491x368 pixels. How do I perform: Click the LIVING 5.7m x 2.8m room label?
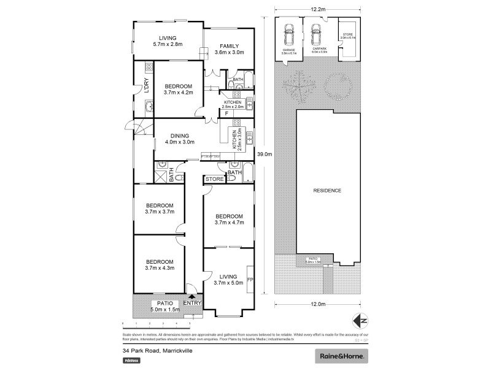(164, 41)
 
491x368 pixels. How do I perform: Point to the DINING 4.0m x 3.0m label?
(179, 139)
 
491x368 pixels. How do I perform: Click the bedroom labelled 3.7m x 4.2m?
(178, 89)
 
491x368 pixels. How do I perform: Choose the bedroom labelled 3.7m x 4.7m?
(229, 220)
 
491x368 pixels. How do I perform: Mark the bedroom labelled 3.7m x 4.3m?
(160, 264)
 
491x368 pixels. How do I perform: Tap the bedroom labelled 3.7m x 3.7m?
(160, 209)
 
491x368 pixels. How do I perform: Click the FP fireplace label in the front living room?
(249, 280)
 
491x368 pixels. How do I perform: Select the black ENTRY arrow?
(191, 296)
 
